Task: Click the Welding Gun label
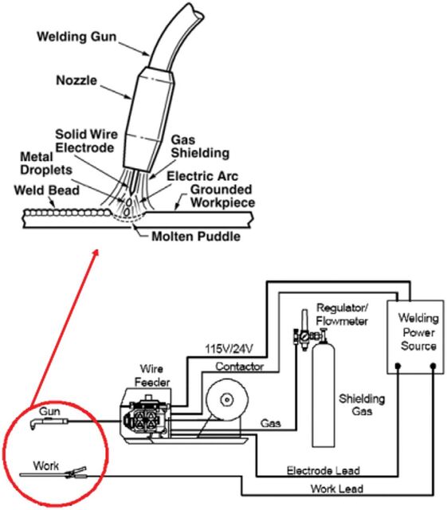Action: (x=76, y=37)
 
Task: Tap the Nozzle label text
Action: (x=76, y=80)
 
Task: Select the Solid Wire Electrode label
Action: (x=86, y=141)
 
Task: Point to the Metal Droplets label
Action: (x=46, y=163)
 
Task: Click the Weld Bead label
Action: (x=46, y=190)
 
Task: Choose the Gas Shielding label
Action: (x=200, y=147)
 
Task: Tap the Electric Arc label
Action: (x=202, y=176)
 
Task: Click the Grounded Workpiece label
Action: (x=222, y=196)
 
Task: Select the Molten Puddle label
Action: (x=196, y=236)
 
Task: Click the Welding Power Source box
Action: (x=415, y=337)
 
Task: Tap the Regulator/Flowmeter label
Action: (x=342, y=315)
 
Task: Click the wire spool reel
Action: (x=227, y=399)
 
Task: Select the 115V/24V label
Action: (x=229, y=349)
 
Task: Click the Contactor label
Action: (x=240, y=367)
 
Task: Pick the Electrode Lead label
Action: (x=323, y=470)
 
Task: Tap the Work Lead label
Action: (x=337, y=488)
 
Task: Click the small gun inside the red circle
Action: (x=49, y=423)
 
